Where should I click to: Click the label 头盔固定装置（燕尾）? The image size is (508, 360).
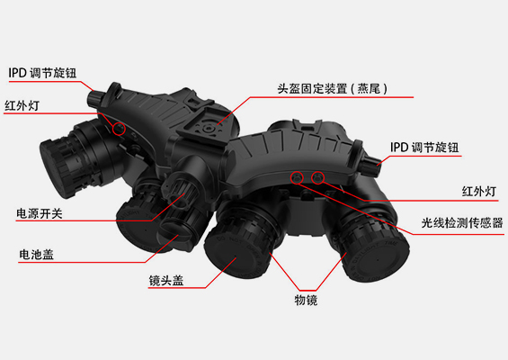(x=333, y=88)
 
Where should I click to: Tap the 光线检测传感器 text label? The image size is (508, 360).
(x=462, y=223)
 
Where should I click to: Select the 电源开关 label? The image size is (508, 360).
(x=40, y=213)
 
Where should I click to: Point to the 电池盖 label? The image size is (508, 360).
(x=36, y=255)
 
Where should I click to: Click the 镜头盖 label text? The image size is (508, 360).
(x=166, y=280)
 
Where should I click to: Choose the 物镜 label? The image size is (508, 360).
(x=306, y=300)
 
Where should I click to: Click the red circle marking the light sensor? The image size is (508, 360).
(x=297, y=177)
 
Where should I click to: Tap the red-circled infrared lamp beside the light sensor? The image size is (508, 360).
(x=317, y=177)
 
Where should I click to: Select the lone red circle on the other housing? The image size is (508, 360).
(x=119, y=129)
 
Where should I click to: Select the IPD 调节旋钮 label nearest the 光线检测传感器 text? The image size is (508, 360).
(x=424, y=148)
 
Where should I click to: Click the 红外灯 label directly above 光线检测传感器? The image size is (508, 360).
(x=479, y=192)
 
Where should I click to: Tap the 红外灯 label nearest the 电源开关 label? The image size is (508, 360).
(x=22, y=105)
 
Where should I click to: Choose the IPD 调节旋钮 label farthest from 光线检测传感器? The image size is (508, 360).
(x=42, y=73)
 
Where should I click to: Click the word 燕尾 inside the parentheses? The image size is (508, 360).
(x=369, y=88)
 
